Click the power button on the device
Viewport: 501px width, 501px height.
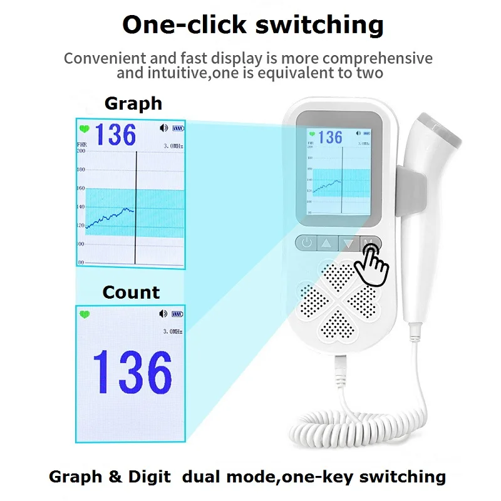[x=306, y=243]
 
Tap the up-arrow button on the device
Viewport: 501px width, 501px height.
[x=327, y=243]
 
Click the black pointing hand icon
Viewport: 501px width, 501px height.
[x=374, y=264]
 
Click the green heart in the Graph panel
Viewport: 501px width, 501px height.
[x=84, y=130]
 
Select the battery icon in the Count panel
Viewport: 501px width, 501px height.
[x=178, y=314]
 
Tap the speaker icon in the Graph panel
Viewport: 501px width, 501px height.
[x=164, y=128]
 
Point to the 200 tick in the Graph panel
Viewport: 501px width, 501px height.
[x=81, y=151]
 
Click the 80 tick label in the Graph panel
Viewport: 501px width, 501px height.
[x=81, y=262]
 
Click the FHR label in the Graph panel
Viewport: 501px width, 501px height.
[x=81, y=145]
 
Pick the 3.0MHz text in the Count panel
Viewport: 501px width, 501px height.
[x=173, y=331]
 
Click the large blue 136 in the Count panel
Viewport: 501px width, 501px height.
[x=132, y=373]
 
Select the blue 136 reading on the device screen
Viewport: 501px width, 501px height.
[x=331, y=137]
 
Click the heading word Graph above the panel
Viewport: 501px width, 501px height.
[x=133, y=103]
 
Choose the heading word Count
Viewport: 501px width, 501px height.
[x=131, y=292]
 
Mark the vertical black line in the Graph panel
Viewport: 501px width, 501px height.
[x=135, y=207]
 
